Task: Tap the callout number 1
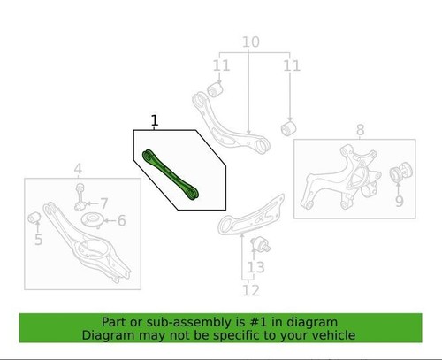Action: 155,119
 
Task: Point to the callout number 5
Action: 38,239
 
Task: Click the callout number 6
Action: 122,221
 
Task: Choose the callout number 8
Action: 360,132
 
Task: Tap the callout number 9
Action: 398,201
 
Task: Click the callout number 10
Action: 250,42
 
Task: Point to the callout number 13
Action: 255,266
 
